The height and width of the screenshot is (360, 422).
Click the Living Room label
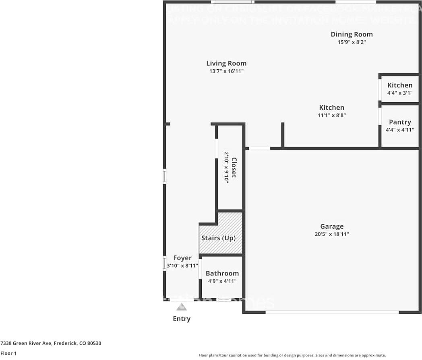[226, 63]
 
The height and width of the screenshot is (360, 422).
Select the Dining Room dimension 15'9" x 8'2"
[352, 42]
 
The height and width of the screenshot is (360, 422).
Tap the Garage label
[332, 227]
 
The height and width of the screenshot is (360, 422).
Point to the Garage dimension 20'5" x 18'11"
[332, 234]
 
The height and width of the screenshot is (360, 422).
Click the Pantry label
[400, 122]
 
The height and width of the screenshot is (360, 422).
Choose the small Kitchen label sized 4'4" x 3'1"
[400, 85]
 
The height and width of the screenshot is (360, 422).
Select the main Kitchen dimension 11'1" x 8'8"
[332, 115]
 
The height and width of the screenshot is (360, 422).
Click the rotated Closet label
[234, 167]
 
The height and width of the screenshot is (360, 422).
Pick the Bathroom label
[222, 273]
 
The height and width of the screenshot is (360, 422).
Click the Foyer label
[182, 258]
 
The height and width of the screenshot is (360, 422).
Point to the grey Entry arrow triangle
[182, 307]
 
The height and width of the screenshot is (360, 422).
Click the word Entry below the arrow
[182, 319]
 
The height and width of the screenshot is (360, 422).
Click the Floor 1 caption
[8, 354]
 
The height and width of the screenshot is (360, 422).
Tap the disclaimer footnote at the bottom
[292, 355]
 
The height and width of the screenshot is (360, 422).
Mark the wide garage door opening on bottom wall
[332, 312]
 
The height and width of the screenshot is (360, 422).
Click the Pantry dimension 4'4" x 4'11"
[400, 130]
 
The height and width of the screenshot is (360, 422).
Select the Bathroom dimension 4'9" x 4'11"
[222, 281]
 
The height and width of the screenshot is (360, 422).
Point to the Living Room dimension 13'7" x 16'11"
[226, 71]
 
